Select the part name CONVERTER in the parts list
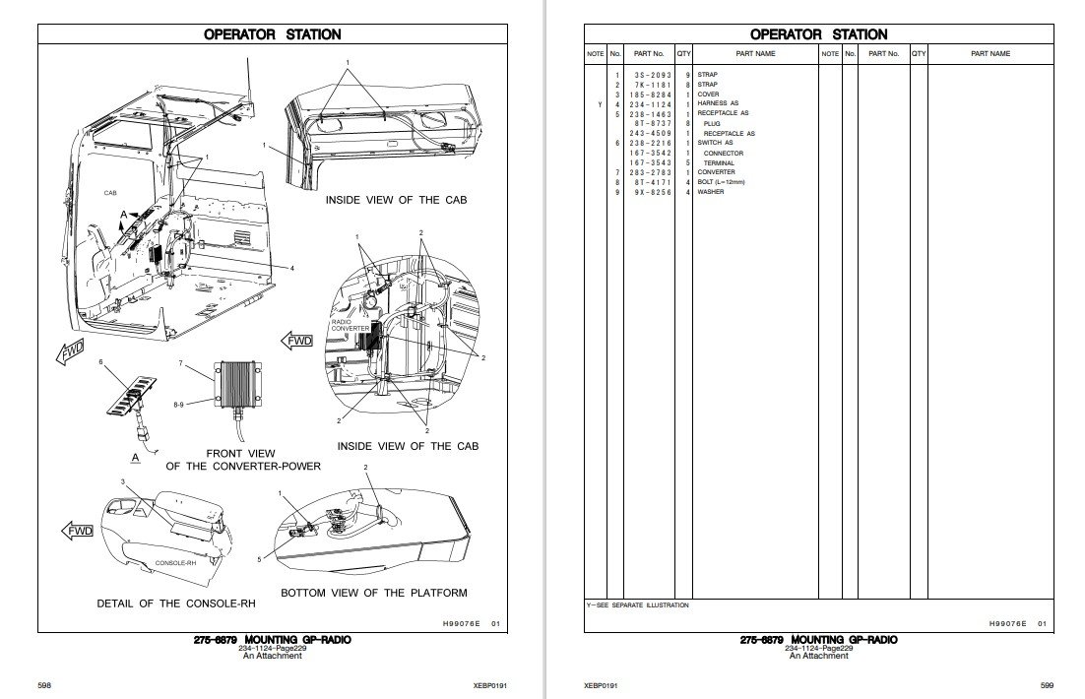click(716, 172)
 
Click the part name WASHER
click(711, 192)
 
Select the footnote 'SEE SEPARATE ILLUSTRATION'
click(640, 605)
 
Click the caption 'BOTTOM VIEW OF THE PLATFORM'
click(373, 593)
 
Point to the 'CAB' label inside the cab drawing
click(110, 194)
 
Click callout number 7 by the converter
click(181, 364)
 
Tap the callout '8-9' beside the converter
click(178, 404)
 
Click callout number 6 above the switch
click(100, 362)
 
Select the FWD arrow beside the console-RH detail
click(78, 531)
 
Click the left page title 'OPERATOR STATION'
click(272, 34)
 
